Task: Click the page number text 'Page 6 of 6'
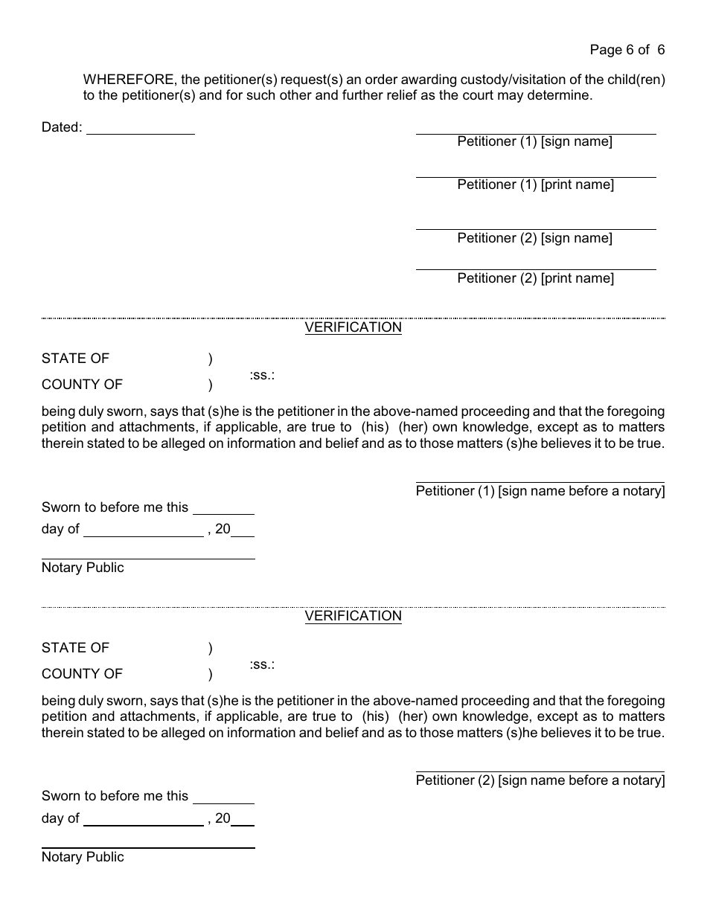pos(627,50)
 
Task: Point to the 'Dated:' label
pos(62,127)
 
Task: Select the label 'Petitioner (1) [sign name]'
pos(534,141)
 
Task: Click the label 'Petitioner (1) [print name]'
pos(535,184)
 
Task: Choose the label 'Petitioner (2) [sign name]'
pos(534,238)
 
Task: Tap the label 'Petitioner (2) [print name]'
pos(535,278)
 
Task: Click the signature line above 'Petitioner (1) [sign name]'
pos(535,134)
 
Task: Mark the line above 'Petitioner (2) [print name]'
pos(535,269)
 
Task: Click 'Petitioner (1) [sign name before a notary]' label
pos(540,491)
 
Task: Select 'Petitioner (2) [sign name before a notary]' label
pos(540,780)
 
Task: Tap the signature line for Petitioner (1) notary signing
pos(540,483)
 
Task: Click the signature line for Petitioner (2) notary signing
pos(540,772)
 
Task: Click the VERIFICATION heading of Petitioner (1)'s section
pos(353,327)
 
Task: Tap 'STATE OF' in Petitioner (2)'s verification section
pos(75,648)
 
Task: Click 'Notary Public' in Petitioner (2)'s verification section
pos(83,857)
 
